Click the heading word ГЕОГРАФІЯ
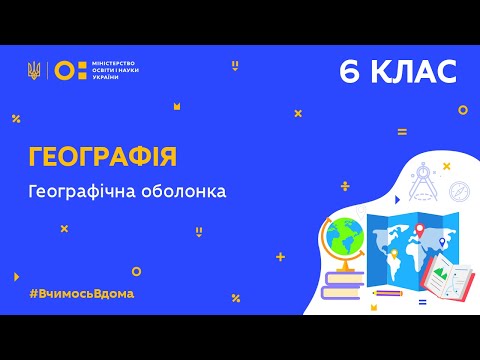point(103,156)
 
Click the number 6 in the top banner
point(351,71)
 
